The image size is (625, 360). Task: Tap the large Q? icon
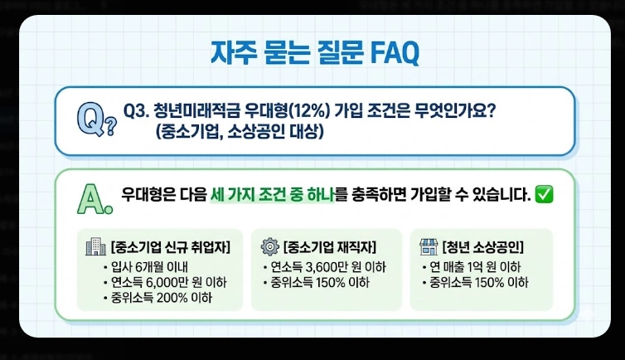95,121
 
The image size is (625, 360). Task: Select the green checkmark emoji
545,196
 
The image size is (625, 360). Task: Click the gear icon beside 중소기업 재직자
269,246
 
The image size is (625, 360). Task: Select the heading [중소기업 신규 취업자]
169,247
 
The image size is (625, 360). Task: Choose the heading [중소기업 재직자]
330,247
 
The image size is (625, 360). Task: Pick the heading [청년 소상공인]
483,247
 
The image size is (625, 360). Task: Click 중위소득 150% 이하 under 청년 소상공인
478,282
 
